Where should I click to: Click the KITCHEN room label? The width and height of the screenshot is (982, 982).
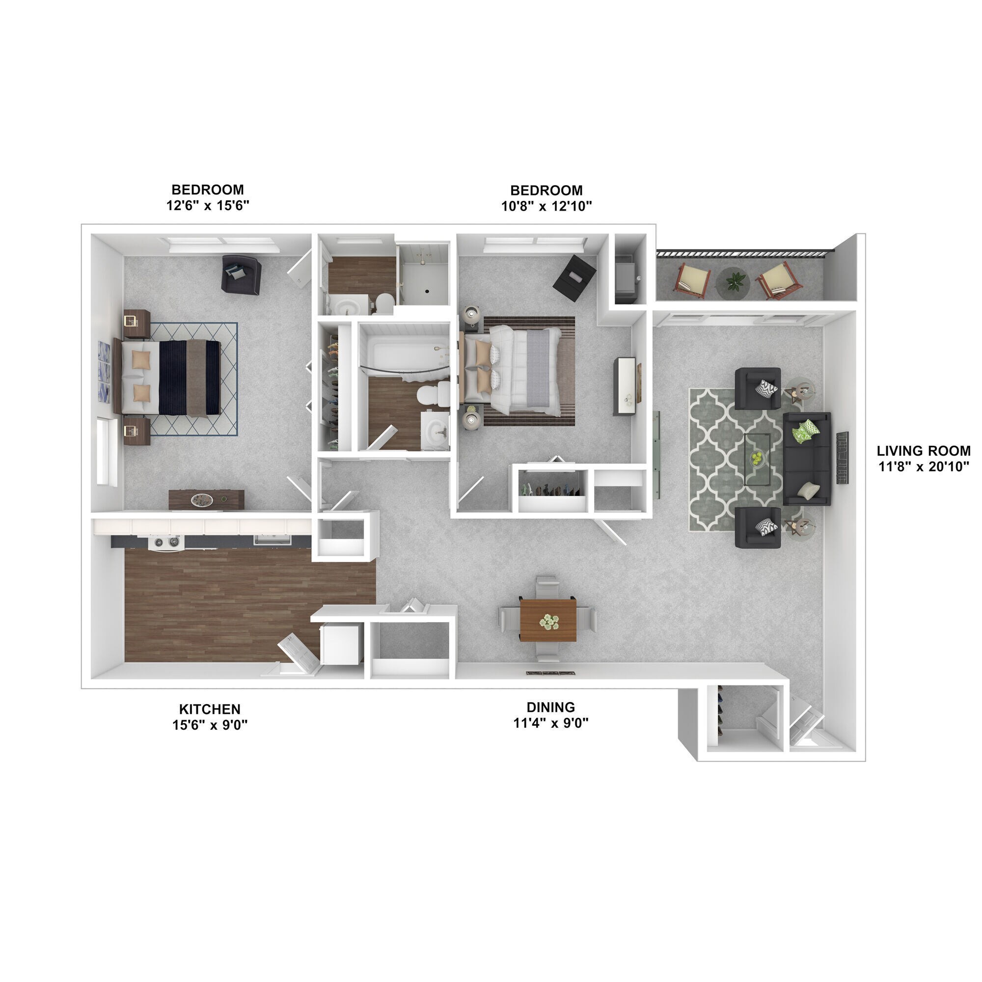[x=210, y=709]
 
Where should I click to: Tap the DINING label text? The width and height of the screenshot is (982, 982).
[x=550, y=707]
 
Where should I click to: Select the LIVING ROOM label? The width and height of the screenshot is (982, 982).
[x=923, y=451]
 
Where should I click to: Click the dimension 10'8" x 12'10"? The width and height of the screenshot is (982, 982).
[x=546, y=206]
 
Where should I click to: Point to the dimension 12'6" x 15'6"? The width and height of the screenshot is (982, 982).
[x=207, y=206]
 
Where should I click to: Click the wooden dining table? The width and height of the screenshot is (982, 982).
[x=548, y=621]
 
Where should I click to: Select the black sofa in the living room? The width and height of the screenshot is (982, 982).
[x=807, y=459]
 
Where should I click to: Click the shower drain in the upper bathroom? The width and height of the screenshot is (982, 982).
[x=427, y=292]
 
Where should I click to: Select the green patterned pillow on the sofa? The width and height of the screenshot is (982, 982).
[x=804, y=432]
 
